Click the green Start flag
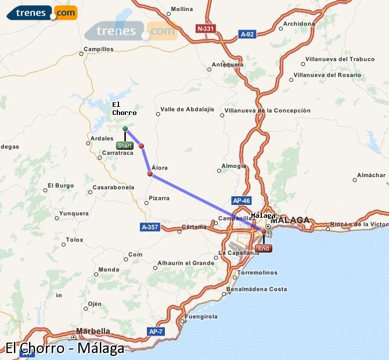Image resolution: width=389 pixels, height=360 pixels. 125,146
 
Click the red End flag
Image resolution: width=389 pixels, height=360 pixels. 264,249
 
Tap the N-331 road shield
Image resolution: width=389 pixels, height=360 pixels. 206,28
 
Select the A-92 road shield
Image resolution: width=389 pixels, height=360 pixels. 247,34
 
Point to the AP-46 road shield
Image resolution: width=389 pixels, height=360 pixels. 241,200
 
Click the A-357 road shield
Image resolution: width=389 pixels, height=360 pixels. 150,226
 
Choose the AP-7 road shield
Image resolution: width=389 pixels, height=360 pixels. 156,332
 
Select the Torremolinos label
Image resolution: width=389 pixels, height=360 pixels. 255,271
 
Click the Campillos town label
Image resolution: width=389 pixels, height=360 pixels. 99,49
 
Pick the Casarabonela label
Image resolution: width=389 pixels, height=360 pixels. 113,187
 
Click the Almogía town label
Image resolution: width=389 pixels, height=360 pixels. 234,165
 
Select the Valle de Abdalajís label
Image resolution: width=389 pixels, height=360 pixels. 187,109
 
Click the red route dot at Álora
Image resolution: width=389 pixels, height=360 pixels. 150,174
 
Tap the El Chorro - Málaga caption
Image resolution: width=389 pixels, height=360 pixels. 64,349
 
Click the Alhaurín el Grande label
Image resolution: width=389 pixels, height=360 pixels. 185,263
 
